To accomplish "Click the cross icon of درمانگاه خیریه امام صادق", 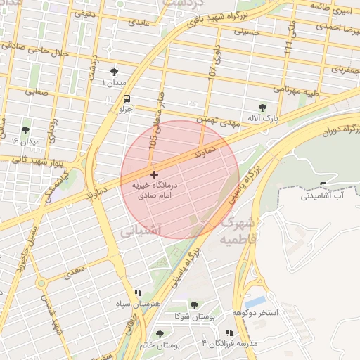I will (154, 174).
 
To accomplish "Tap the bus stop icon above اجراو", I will (127, 99).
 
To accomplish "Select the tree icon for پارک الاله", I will (262, 108).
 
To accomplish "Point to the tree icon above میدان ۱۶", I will (26, 130).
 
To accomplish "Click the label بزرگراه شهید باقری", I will (229, 16).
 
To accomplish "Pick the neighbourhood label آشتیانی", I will (141, 230).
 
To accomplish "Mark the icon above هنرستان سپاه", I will (138, 292).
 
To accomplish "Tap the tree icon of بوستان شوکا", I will (194, 305).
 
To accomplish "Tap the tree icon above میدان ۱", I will (115, 72).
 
